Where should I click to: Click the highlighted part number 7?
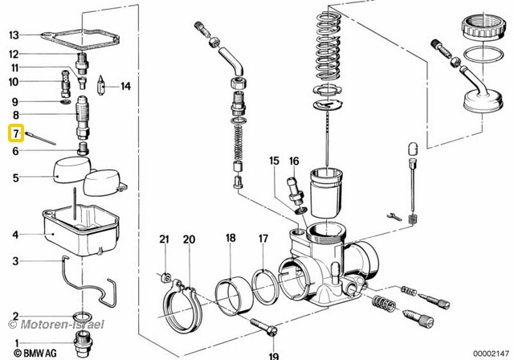(14, 133)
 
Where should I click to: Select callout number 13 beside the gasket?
(14, 35)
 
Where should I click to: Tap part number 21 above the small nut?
(165, 239)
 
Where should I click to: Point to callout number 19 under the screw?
(273, 354)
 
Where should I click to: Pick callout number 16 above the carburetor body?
(294, 161)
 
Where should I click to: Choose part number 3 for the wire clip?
(14, 261)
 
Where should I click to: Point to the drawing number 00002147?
(492, 353)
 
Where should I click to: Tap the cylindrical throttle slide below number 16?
(328, 193)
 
